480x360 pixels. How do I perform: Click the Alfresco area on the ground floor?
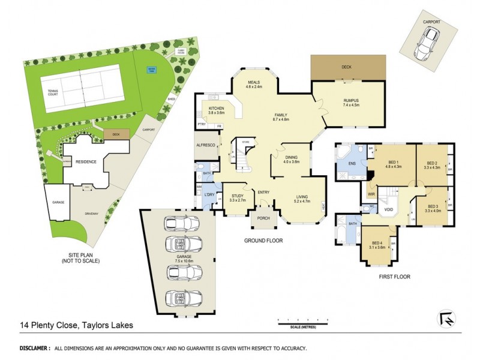pyautogui.click(x=206, y=145)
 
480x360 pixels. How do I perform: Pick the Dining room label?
pyautogui.click(x=290, y=159)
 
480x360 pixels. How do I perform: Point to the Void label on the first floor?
pyautogui.click(x=388, y=209)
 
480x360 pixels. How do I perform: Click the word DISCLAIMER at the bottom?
pyautogui.click(x=35, y=348)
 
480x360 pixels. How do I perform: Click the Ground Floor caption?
pyautogui.click(x=263, y=240)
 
